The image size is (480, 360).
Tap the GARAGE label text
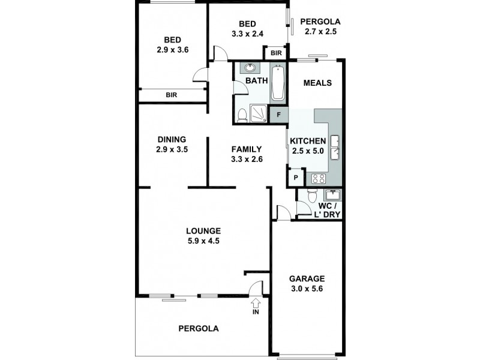tap(307, 278)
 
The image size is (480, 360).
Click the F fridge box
tap(278, 114)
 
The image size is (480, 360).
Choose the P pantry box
tap(296, 178)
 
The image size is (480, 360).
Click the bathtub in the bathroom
tap(278, 83)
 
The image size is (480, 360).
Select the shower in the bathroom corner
tap(260, 112)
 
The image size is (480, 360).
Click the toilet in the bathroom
tap(242, 114)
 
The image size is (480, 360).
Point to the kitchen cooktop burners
tap(318, 178)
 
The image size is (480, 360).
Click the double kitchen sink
tap(335, 149)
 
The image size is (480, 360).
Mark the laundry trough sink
tap(331, 194)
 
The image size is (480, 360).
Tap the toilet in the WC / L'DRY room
tap(311, 197)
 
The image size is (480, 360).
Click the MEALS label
tap(317, 83)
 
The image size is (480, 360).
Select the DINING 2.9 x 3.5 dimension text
tap(172, 150)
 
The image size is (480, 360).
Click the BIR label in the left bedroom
tap(172, 95)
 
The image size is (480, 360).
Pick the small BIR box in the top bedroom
tap(276, 53)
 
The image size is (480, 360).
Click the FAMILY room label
tap(247, 149)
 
